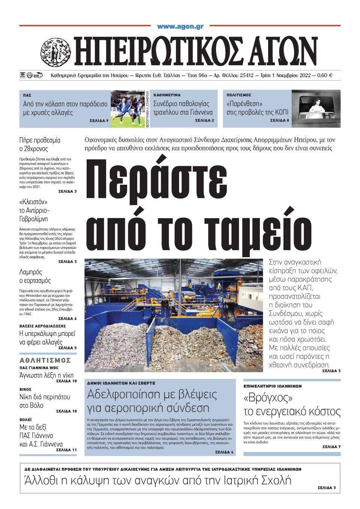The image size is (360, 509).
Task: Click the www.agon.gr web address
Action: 180,27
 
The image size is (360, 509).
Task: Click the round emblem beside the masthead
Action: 55,49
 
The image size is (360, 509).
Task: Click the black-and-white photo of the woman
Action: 316,109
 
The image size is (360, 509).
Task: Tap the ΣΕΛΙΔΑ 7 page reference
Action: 331,447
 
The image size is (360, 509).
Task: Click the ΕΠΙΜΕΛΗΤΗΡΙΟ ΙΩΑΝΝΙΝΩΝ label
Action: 273,386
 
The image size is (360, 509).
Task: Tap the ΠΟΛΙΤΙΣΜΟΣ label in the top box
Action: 239,95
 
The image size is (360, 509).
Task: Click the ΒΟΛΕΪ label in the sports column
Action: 25,419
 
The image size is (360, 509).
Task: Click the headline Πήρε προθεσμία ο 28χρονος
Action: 40,145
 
